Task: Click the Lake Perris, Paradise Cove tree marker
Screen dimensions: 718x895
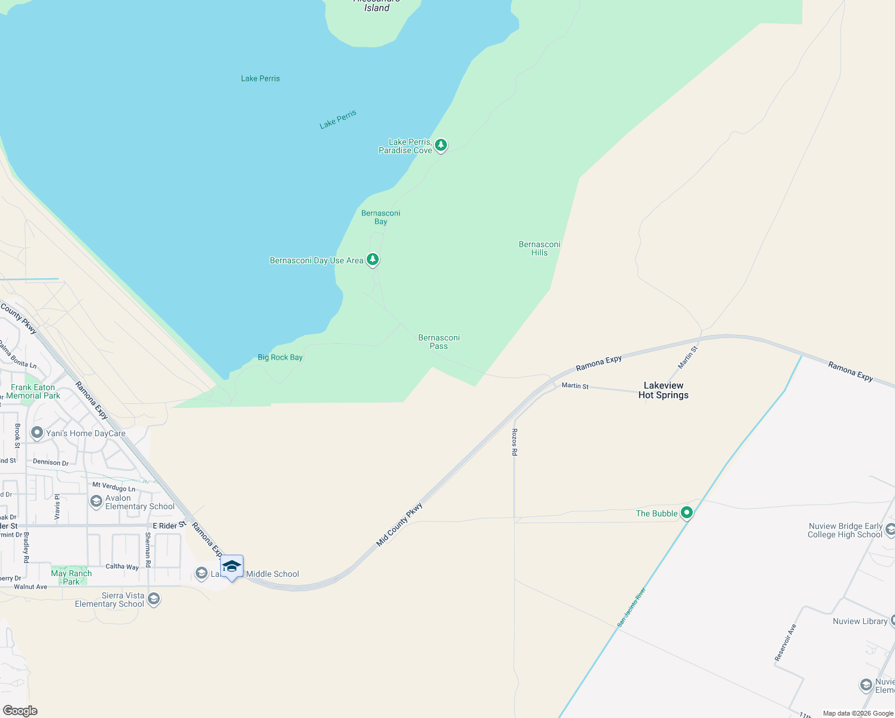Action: [x=441, y=145]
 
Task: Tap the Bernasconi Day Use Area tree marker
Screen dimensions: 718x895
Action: [x=373, y=259]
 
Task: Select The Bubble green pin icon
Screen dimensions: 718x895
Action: [x=687, y=513]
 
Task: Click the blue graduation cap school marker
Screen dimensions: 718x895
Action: [x=232, y=566]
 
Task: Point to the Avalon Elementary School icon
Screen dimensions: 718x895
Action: [x=96, y=501]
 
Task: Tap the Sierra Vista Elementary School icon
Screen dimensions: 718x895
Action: [x=154, y=599]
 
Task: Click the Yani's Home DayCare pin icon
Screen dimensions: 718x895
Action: [x=37, y=432]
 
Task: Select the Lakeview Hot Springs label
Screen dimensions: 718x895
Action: [x=663, y=390]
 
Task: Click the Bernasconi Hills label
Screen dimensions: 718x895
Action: [x=539, y=248]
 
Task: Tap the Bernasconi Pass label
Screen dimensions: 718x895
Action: [x=439, y=342]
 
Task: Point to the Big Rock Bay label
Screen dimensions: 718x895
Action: [x=280, y=357]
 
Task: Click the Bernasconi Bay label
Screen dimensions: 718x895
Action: [x=380, y=217]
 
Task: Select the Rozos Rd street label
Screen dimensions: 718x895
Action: [x=515, y=442]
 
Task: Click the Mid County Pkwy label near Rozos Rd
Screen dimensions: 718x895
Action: [x=399, y=524]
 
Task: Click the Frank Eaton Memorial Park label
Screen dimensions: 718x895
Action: [x=34, y=391]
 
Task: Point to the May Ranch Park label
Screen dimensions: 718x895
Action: [x=71, y=577]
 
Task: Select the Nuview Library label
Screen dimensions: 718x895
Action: [x=860, y=621]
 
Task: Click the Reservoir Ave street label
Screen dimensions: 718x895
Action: [x=785, y=643]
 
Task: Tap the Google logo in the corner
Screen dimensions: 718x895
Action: [x=20, y=711]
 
